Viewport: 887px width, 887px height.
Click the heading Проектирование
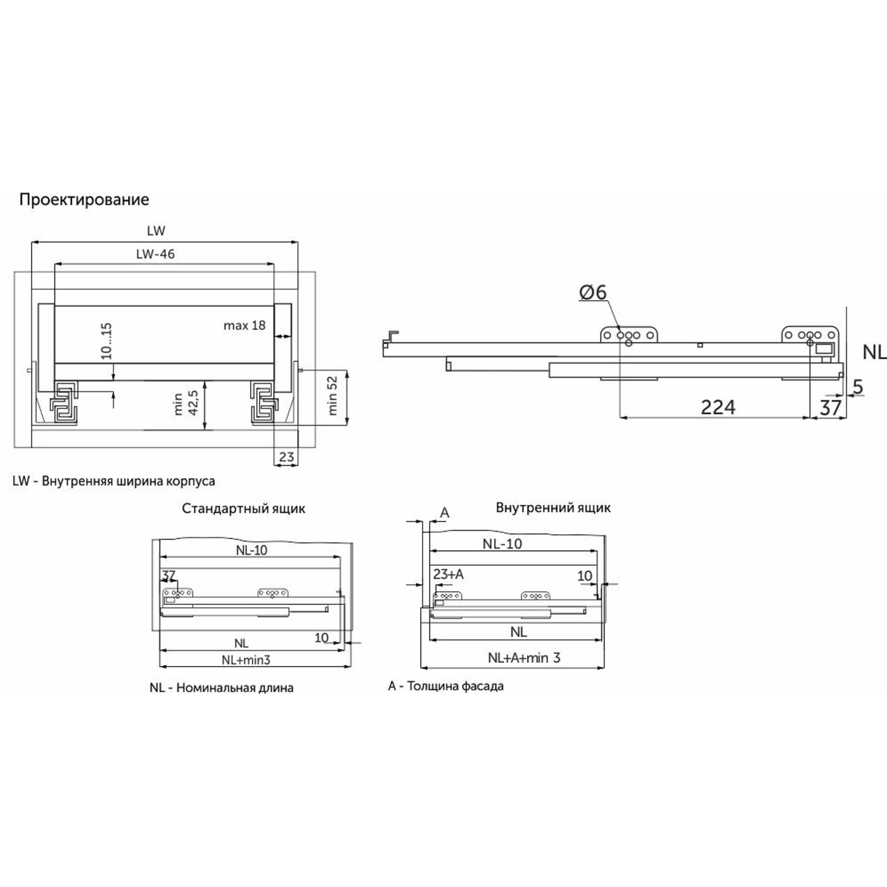tap(84, 200)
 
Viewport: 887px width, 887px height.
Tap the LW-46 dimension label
tap(156, 254)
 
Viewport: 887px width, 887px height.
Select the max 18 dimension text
tap(245, 326)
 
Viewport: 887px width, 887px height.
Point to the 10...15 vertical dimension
tap(106, 341)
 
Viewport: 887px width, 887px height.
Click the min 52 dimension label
tap(333, 396)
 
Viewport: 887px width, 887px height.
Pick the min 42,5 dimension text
tap(186, 403)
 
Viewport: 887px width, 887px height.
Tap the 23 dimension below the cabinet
tap(286, 457)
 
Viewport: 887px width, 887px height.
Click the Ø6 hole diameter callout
tap(593, 292)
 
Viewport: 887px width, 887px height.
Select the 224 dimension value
tap(718, 407)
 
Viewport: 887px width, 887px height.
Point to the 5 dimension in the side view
tap(858, 387)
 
